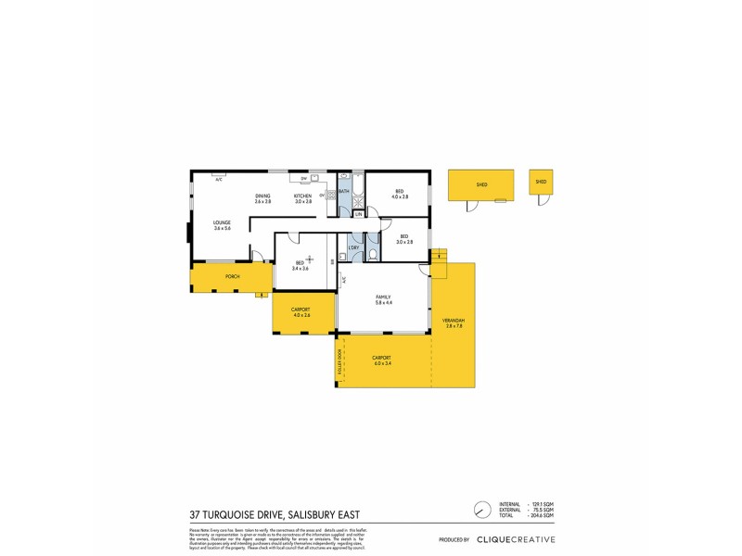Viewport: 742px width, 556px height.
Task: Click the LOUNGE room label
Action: click(x=222, y=222)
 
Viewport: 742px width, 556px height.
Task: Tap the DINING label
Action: click(x=263, y=195)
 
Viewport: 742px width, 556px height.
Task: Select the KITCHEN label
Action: click(x=303, y=195)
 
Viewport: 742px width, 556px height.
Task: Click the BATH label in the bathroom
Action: click(x=343, y=191)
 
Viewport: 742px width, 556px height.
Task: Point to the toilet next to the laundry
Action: click(x=372, y=255)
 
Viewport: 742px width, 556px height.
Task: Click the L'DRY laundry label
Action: click(x=353, y=247)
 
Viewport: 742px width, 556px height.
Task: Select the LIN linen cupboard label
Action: click(x=357, y=214)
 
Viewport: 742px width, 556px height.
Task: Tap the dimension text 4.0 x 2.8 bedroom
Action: click(x=400, y=197)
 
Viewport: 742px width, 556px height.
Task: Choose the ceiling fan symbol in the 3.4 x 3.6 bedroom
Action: click(x=310, y=259)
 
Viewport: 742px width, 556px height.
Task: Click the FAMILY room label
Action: click(x=384, y=297)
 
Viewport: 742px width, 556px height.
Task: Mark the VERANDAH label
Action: click(x=454, y=320)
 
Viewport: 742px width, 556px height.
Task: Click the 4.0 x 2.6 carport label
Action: click(x=300, y=316)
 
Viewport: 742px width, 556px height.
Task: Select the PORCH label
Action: click(x=233, y=276)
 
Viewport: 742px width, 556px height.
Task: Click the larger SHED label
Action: click(x=481, y=184)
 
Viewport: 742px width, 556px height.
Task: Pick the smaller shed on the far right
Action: click(x=541, y=184)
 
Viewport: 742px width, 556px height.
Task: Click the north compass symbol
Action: click(x=480, y=511)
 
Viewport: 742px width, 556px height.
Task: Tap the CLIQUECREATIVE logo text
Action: click(x=516, y=539)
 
